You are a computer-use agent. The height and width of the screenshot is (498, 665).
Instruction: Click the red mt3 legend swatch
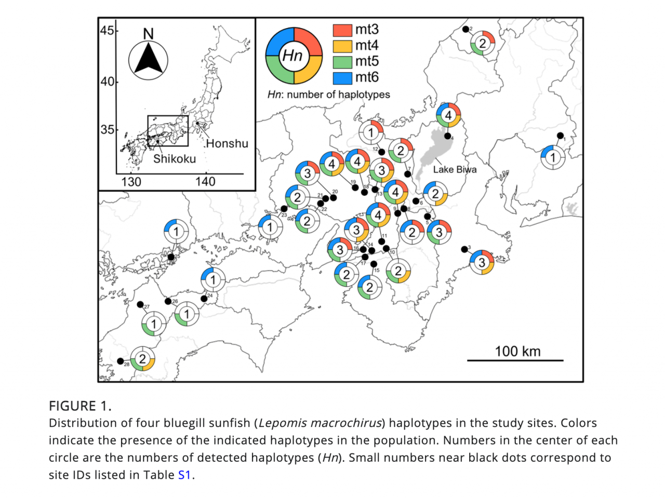click(342, 30)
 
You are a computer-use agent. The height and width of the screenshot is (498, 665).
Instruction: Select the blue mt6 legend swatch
click(342, 78)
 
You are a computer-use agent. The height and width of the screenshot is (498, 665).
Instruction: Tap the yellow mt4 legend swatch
click(342, 46)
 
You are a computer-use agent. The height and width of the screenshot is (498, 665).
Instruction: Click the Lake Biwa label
click(455, 169)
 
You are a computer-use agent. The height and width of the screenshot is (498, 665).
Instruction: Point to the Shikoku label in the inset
click(174, 159)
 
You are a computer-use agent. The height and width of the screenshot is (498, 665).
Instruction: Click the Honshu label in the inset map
click(227, 143)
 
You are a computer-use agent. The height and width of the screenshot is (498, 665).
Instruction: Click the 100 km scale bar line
click(515, 360)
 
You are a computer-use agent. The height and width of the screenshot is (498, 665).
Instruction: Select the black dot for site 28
click(121, 361)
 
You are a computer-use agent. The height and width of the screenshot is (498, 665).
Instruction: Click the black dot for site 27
click(140, 304)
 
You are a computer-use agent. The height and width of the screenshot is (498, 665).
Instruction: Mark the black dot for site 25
click(171, 257)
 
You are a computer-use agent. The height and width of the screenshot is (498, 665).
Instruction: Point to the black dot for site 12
click(381, 152)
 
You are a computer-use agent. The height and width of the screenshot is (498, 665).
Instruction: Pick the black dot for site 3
click(464, 249)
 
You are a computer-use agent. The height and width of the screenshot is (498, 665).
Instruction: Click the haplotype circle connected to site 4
click(448, 115)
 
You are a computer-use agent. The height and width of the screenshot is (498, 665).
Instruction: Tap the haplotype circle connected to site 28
click(142, 359)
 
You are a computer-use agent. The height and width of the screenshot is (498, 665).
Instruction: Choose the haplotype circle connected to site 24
click(213, 280)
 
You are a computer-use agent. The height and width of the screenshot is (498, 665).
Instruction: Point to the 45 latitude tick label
click(107, 30)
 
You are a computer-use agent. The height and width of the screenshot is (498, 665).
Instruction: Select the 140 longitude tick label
click(205, 182)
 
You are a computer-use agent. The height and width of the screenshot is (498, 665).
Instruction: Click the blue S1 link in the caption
click(184, 475)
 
